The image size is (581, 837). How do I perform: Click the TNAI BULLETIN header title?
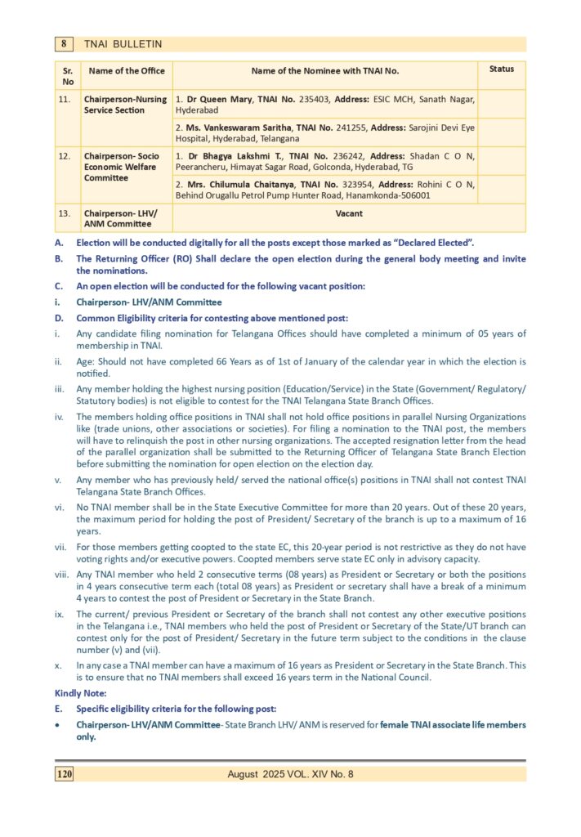click(x=123, y=44)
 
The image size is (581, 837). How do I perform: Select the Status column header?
click(x=502, y=69)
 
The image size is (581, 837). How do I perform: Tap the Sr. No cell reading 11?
click(x=67, y=99)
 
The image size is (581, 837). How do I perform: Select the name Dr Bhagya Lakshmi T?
click(x=221, y=156)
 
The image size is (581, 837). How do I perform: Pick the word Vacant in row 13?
click(x=349, y=214)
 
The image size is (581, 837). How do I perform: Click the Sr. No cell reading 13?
click(x=67, y=214)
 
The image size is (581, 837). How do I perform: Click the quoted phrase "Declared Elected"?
click(x=426, y=243)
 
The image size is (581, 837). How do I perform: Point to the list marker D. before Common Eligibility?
click(x=59, y=318)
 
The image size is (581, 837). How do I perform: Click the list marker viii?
click(x=61, y=574)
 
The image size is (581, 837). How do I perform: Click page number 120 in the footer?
click(x=65, y=773)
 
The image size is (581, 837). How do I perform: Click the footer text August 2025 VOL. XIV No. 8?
click(x=290, y=774)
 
